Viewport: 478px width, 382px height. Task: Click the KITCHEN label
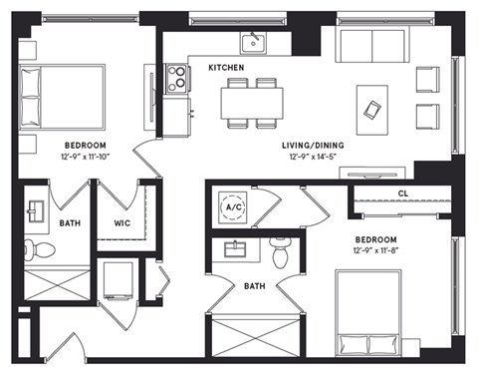227,67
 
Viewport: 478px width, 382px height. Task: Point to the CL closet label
402,192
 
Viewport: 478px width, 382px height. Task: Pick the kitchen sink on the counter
254,42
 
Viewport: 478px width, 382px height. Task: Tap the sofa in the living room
369,46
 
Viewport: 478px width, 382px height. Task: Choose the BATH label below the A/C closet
255,286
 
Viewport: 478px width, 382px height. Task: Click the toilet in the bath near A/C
281,255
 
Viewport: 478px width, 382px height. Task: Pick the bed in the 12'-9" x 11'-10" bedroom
62,96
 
